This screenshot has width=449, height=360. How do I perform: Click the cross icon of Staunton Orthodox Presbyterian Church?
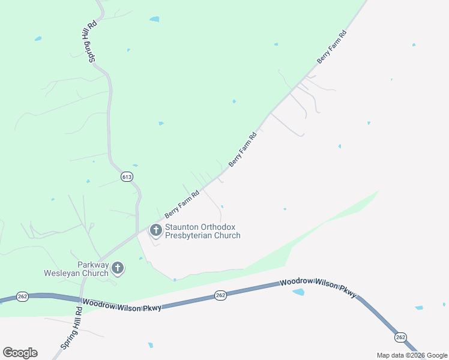click(x=155, y=230)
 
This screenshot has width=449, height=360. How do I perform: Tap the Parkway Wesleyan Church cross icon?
click(x=118, y=268)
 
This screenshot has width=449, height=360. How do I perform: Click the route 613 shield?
click(x=126, y=176)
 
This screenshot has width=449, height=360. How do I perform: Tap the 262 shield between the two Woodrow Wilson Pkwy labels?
click(x=220, y=295)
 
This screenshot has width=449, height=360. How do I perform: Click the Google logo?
click(x=20, y=353)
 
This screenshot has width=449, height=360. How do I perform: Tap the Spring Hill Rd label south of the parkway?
click(x=71, y=329)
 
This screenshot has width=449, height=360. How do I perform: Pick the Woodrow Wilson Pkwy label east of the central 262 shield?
click(x=318, y=287)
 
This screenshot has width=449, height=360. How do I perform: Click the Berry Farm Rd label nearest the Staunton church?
click(x=181, y=204)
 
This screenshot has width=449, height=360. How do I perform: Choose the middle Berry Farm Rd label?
click(x=243, y=149)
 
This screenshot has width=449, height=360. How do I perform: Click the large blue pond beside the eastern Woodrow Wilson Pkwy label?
click(x=298, y=292)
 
